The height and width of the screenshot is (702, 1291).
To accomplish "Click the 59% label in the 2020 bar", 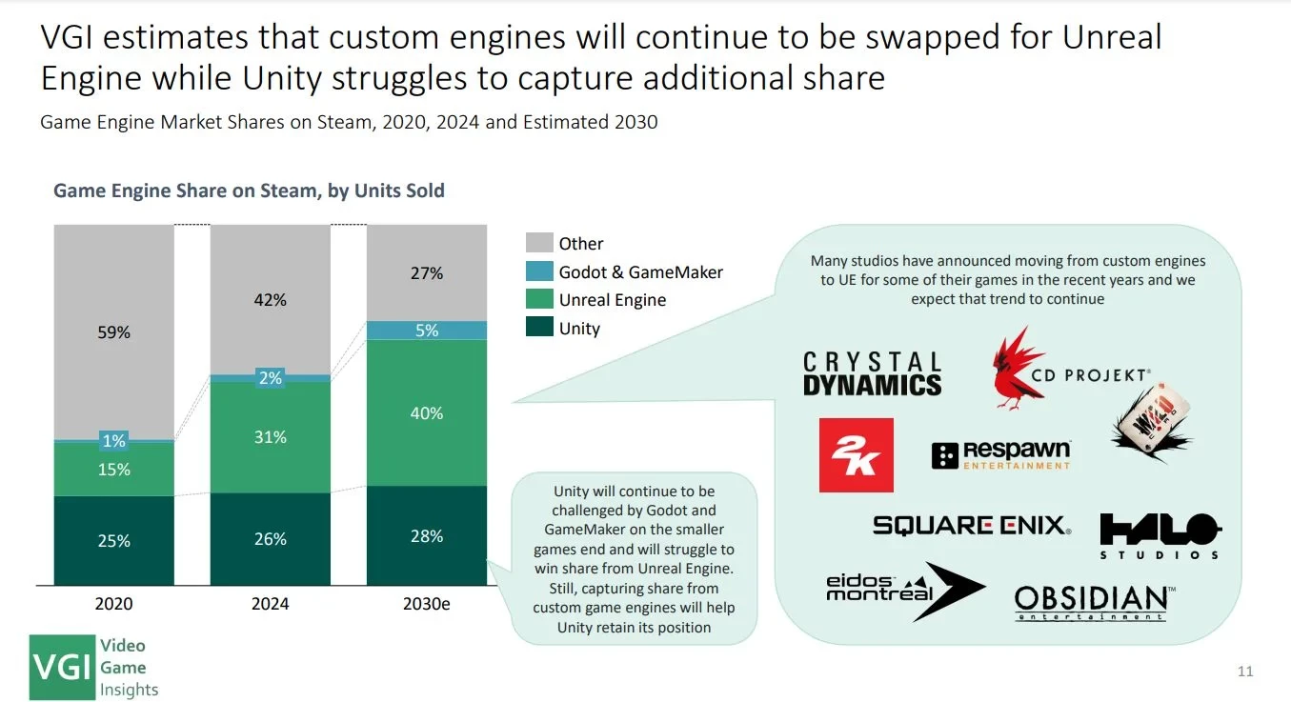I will tap(114, 332).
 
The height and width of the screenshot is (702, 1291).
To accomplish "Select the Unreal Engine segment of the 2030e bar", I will tap(426, 412).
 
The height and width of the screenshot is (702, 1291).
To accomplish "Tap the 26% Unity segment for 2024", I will tap(271, 539).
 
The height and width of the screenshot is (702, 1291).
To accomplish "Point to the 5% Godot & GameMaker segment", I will tap(426, 331).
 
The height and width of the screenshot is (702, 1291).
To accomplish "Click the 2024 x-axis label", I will tap(271, 604).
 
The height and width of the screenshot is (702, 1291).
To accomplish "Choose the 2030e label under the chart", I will tap(426, 604).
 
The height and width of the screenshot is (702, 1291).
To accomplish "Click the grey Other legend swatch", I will tap(539, 243).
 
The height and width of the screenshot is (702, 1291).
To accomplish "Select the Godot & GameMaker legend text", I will tap(640, 272).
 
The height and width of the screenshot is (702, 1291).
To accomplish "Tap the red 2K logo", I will tap(856, 455).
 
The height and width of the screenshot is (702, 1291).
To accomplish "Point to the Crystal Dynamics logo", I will tap(872, 373).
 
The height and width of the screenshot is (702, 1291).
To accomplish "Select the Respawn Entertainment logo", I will tap(1000, 454).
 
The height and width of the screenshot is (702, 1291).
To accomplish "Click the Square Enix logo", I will tap(971, 525).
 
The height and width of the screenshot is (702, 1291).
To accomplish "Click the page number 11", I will tap(1245, 672).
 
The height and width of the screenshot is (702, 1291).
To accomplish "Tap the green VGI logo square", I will tap(63, 667).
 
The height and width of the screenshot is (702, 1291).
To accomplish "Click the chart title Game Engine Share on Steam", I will tap(249, 191).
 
